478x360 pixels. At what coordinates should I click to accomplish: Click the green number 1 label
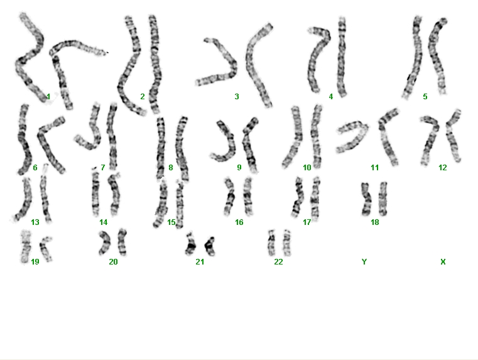(48, 97)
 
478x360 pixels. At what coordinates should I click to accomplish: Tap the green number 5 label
(425, 97)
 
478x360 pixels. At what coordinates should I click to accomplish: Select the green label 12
(442, 167)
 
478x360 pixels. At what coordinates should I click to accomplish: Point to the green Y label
(364, 261)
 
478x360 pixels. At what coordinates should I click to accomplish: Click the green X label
(443, 261)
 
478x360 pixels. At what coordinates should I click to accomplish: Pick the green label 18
(374, 222)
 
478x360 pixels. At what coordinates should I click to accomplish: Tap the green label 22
(278, 261)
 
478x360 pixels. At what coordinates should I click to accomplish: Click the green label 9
(239, 167)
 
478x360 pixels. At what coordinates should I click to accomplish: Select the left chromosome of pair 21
(191, 244)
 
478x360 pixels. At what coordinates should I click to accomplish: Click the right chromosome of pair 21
(210, 246)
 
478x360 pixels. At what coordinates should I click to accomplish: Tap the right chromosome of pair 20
(122, 242)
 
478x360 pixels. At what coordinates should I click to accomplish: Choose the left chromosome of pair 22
(271, 243)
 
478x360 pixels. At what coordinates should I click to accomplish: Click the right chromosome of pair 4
(342, 57)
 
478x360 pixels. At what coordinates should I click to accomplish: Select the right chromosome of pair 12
(454, 136)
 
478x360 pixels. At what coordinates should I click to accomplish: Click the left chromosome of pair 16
(229, 197)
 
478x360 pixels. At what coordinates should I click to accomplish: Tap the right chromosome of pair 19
(46, 249)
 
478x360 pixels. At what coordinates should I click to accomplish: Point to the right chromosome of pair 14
(114, 194)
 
